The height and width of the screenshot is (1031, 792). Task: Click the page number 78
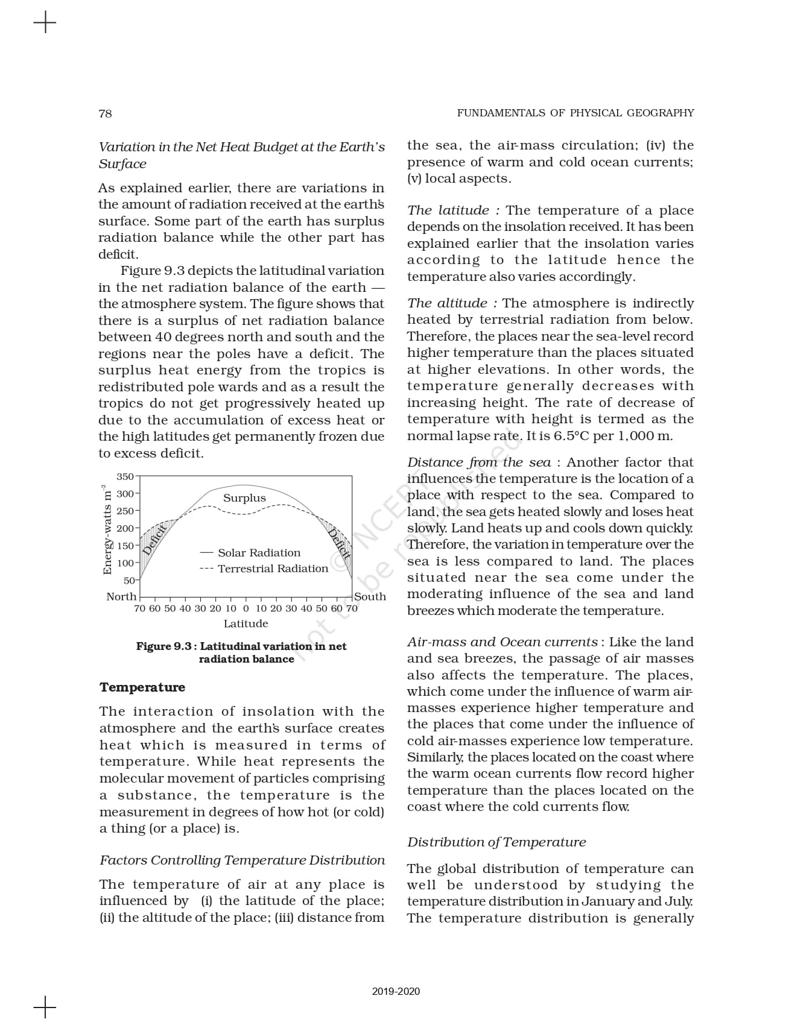[x=105, y=113]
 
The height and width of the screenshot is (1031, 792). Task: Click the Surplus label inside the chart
[x=244, y=498]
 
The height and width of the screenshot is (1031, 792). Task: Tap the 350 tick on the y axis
[x=125, y=477]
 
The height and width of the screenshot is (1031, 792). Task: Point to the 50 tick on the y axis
[x=129, y=581]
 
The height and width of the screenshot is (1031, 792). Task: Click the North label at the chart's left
[x=121, y=596]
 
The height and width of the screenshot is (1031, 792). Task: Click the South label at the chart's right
[x=370, y=596]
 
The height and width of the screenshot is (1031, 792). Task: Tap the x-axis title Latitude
[x=246, y=623]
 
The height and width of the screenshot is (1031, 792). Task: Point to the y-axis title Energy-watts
[x=107, y=530]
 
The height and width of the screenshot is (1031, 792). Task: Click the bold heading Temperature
[x=142, y=687]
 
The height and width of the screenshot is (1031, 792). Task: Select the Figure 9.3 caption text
[x=241, y=652]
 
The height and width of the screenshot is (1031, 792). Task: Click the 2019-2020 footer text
[x=396, y=991]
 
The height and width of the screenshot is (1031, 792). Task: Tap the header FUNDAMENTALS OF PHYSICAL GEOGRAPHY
[x=575, y=113]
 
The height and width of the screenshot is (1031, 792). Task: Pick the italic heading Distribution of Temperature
[x=496, y=842]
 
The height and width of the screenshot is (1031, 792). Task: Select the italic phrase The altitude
[x=447, y=303]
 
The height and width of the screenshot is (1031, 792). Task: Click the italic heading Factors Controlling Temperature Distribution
[x=242, y=860]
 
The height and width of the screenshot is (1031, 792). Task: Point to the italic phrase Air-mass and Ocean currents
[x=502, y=642]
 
